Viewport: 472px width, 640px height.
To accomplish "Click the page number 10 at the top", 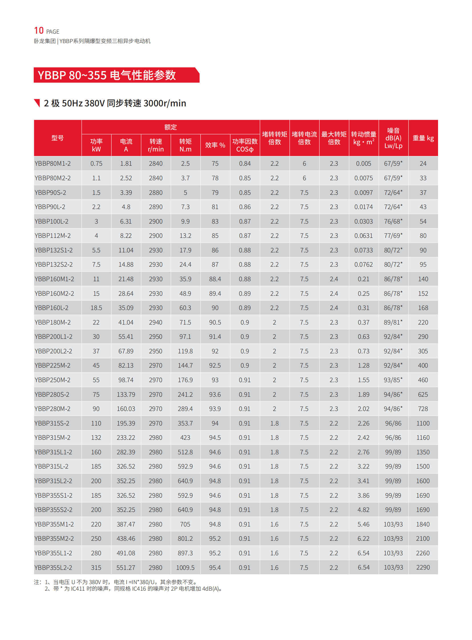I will click(39, 30).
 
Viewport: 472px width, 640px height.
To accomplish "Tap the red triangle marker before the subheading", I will click(37, 103).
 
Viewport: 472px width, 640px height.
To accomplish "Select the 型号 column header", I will click(57, 138).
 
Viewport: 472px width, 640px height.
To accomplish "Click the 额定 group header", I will click(171, 127).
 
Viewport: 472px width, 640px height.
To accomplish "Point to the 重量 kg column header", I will click(423, 138).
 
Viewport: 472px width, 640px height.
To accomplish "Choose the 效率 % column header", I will click(215, 145).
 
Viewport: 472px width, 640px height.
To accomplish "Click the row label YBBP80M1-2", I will click(53, 163).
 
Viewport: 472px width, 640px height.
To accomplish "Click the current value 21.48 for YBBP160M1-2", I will click(126, 279).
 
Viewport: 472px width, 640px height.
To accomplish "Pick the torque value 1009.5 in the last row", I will click(185, 567).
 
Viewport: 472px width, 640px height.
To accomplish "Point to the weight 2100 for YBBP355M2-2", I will click(423, 538).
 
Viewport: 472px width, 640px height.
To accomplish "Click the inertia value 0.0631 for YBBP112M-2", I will click(364, 236).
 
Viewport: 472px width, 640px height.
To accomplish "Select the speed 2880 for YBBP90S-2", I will click(156, 193).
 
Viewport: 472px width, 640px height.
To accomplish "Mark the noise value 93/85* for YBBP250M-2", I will click(393, 380).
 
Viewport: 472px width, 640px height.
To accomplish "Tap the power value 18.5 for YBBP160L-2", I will click(96, 307).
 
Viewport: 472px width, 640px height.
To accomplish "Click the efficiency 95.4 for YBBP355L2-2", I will click(215, 567).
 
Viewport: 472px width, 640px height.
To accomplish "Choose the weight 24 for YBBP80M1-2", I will click(423, 163).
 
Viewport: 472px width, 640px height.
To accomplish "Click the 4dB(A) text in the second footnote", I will click(211, 589).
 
